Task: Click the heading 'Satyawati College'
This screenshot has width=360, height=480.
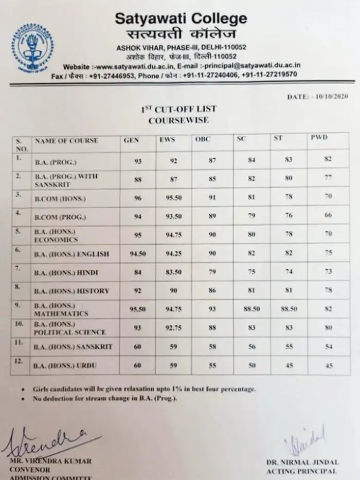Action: point(180,19)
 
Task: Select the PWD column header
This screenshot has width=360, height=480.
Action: point(318,137)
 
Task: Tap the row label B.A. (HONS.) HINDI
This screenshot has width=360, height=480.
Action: point(71,272)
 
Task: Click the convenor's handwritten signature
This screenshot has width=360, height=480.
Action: point(44,441)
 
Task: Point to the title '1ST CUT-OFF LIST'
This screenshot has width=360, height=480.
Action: point(178,109)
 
